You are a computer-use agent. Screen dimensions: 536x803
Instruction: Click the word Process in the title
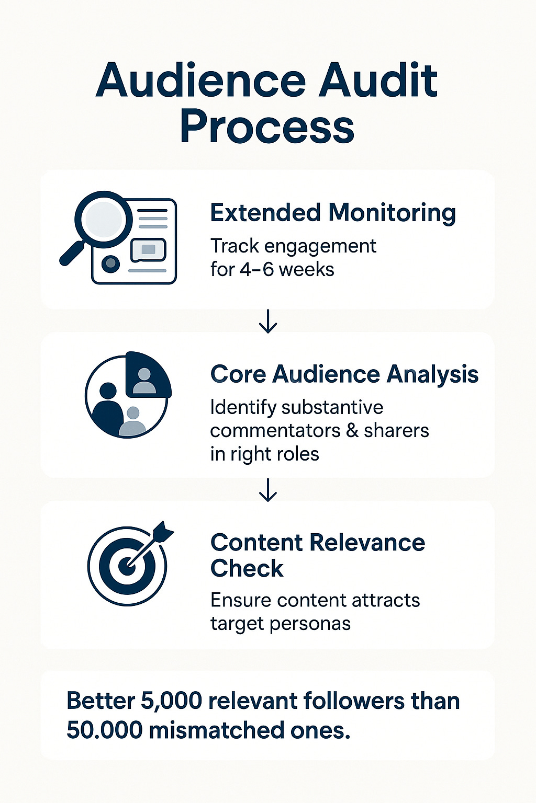(x=267, y=127)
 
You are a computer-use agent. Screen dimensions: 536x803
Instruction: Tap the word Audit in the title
(x=379, y=81)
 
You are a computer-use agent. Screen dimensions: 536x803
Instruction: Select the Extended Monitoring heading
(x=333, y=213)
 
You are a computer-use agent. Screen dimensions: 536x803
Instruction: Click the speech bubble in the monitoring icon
(x=148, y=249)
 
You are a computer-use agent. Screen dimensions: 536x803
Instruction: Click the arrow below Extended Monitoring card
(x=268, y=321)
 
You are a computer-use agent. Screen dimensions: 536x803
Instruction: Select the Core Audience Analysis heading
(x=344, y=374)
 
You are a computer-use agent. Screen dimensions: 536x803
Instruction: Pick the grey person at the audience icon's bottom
(x=133, y=422)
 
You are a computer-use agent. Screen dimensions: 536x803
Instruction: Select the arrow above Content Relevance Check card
(x=268, y=490)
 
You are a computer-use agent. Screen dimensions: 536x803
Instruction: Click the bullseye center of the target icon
(x=126, y=566)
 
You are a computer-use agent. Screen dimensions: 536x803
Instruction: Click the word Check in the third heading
(x=247, y=569)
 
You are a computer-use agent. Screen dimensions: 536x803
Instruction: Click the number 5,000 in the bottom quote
(x=171, y=701)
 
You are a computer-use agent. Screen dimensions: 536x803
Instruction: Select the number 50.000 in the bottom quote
(x=104, y=730)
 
